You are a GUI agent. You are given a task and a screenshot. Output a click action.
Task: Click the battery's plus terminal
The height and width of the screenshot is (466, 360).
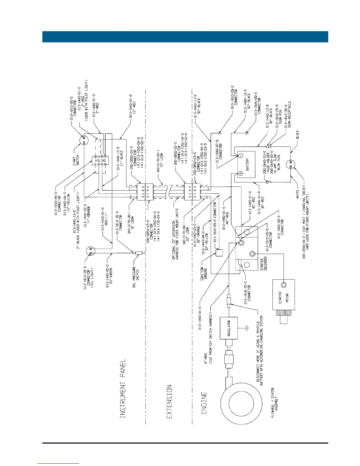tap(240, 174)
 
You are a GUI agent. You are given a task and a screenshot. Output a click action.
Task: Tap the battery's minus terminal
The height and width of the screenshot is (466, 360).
tap(240, 155)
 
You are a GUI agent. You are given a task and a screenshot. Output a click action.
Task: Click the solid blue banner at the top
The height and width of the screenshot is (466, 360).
tap(185, 37)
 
